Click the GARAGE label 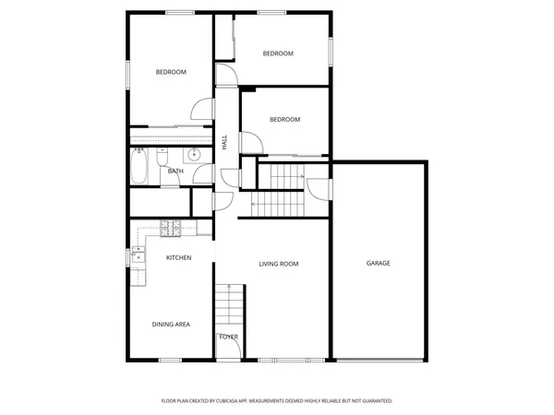(x=379, y=264)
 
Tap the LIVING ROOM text (x=278, y=264)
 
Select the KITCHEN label (x=178, y=257)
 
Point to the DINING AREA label (x=171, y=325)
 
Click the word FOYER (x=228, y=337)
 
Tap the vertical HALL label (x=224, y=142)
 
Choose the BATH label (x=175, y=171)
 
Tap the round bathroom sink (x=194, y=154)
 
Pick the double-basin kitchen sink (x=138, y=253)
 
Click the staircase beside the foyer (x=229, y=305)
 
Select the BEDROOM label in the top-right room (x=278, y=53)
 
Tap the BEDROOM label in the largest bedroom (x=171, y=73)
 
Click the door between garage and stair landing (x=319, y=187)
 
